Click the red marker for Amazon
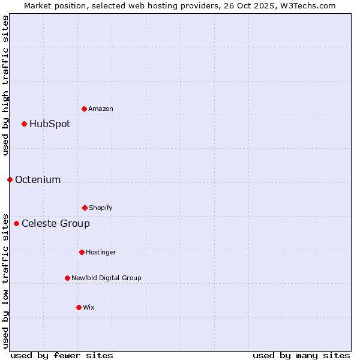click(84, 109)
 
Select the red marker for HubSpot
click(24, 124)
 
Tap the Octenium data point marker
click(10, 179)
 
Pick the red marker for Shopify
click(85, 208)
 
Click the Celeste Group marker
click(16, 223)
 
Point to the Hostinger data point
click(82, 252)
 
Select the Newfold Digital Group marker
click(67, 278)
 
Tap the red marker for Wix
click(79, 307)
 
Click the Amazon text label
click(101, 109)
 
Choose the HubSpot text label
click(50, 124)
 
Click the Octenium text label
click(38, 179)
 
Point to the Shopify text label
click(101, 208)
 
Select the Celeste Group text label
click(56, 223)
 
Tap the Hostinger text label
click(101, 252)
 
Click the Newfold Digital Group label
click(106, 278)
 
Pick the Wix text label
click(89, 307)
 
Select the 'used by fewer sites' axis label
click(62, 355)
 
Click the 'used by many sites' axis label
click(301, 355)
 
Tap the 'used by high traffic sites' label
click(5, 85)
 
